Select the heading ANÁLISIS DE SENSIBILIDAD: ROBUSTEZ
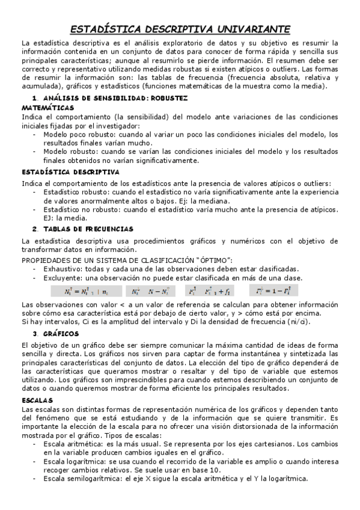click(114, 97)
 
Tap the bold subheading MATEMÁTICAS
click(43, 107)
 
